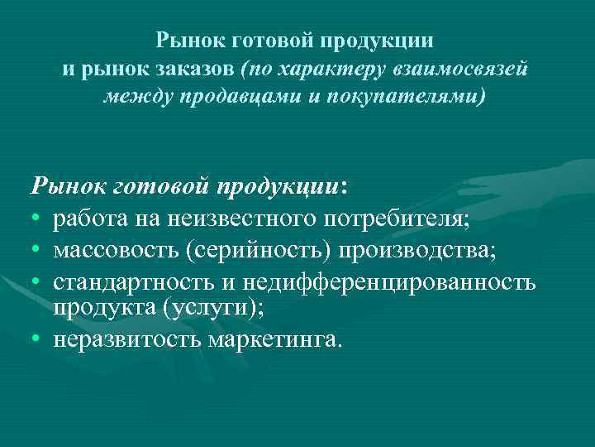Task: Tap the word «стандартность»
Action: coord(134,281)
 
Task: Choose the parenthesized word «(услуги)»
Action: coord(207,307)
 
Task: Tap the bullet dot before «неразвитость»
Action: coord(36,339)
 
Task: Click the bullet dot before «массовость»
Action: coord(36,252)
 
